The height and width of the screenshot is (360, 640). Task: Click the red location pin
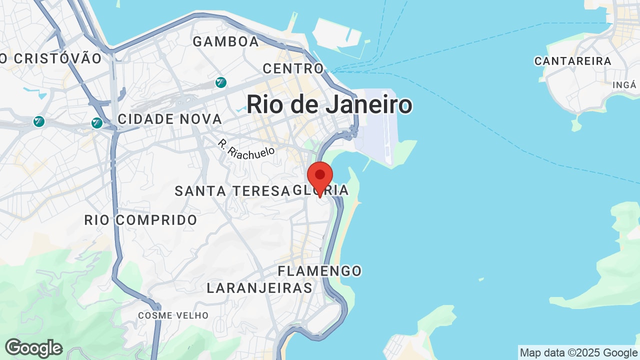(x=320, y=176)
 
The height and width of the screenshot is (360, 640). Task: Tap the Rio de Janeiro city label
(x=329, y=105)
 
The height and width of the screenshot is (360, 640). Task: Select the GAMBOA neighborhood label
(x=226, y=42)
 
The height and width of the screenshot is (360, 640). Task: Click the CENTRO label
(x=293, y=68)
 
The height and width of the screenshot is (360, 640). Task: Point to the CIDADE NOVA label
(x=169, y=119)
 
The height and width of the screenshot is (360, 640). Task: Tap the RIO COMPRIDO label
(x=140, y=220)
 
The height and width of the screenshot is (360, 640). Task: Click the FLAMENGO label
(x=319, y=271)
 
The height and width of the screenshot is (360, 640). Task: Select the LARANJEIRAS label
(x=259, y=288)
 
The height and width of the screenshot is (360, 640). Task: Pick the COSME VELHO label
(x=173, y=315)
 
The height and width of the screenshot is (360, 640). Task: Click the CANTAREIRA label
(x=572, y=61)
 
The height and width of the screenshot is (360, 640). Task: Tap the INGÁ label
(x=624, y=85)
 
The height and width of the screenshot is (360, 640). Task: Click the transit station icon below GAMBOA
(x=220, y=82)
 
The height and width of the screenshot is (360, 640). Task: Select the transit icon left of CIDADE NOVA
(x=97, y=122)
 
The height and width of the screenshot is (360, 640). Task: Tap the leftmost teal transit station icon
(x=38, y=121)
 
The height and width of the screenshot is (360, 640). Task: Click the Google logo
(x=33, y=348)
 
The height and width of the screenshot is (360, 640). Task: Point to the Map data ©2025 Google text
(x=578, y=353)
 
